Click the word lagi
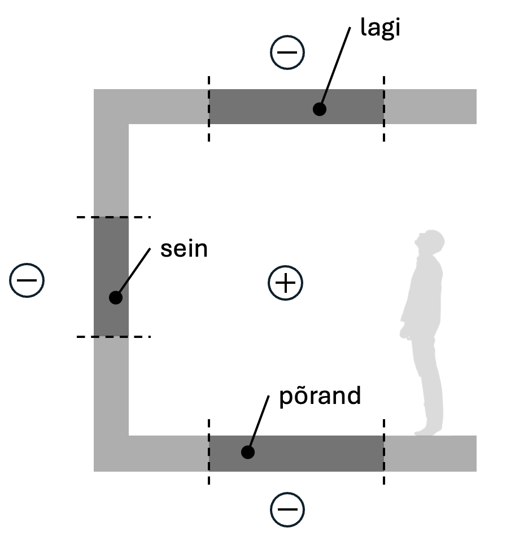380,28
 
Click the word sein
184,249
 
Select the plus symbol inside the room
285,283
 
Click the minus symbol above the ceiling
287,52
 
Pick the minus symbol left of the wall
27,280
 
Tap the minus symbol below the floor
287,509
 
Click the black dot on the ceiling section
320,109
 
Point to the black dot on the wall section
116,297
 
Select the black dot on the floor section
248,452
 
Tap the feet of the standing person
428,431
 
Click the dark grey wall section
111,277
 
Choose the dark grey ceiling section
296,107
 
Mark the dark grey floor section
296,454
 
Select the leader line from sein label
134,271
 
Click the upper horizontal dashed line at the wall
114,217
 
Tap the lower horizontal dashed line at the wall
114,337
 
